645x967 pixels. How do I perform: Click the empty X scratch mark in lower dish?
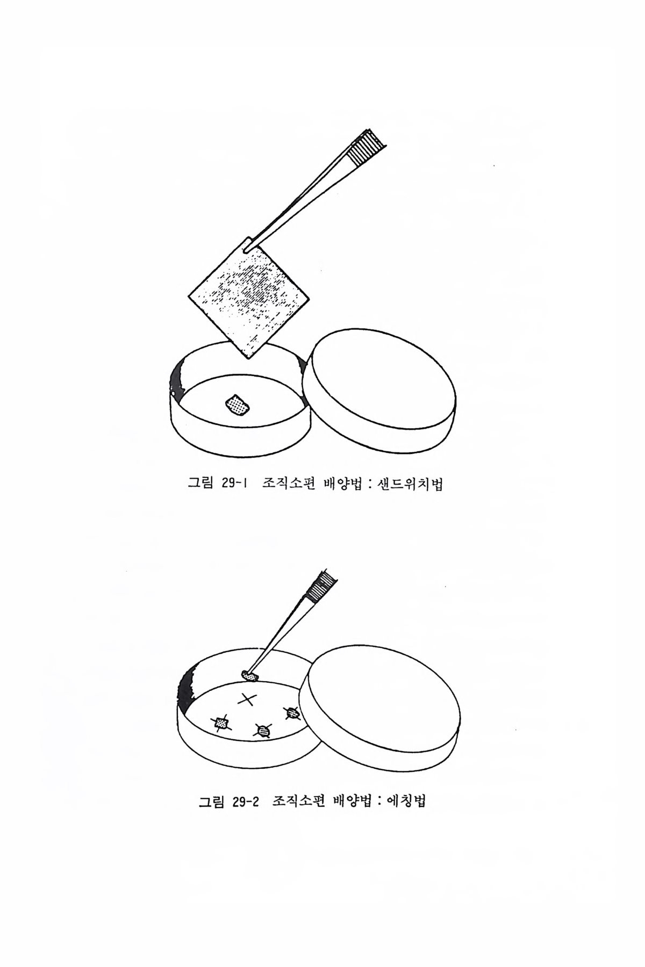[x=247, y=699]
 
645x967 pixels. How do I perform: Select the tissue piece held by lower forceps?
[x=250, y=675]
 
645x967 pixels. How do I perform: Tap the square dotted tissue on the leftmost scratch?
[x=221, y=724]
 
